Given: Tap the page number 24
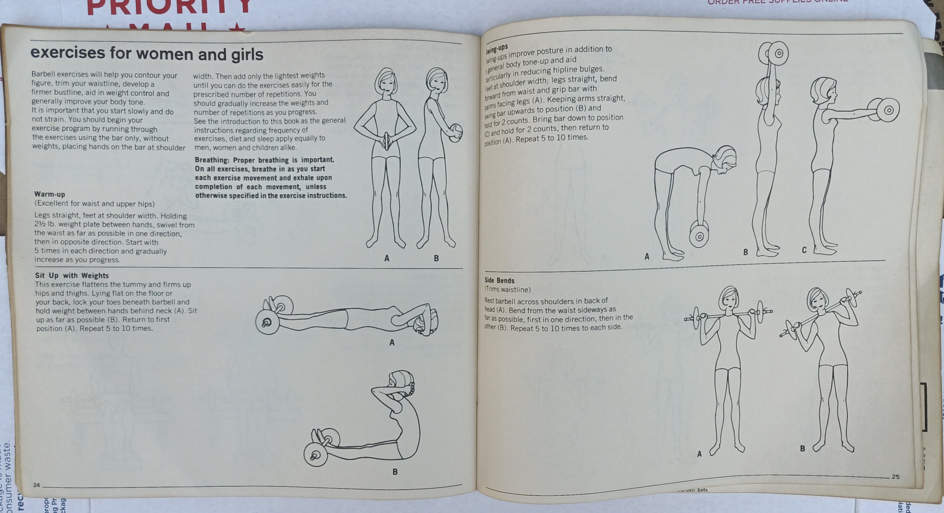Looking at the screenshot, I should pos(36,485).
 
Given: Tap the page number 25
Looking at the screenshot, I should pos(895,477).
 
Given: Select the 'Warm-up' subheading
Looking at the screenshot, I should pos(49,194).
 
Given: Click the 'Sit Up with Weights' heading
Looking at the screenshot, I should pos(72,276).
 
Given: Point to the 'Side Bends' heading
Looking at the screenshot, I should pos(499,280).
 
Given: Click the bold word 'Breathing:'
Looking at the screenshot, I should pos(211,160).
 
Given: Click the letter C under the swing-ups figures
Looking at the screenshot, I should pos(804,250).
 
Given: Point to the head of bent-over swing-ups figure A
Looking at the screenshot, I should pos(724,159).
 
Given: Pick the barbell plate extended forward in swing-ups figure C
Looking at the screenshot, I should pos(885,110).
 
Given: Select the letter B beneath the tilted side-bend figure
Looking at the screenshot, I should pos(802,448).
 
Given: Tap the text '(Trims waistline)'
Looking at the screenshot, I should pos(508,290).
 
